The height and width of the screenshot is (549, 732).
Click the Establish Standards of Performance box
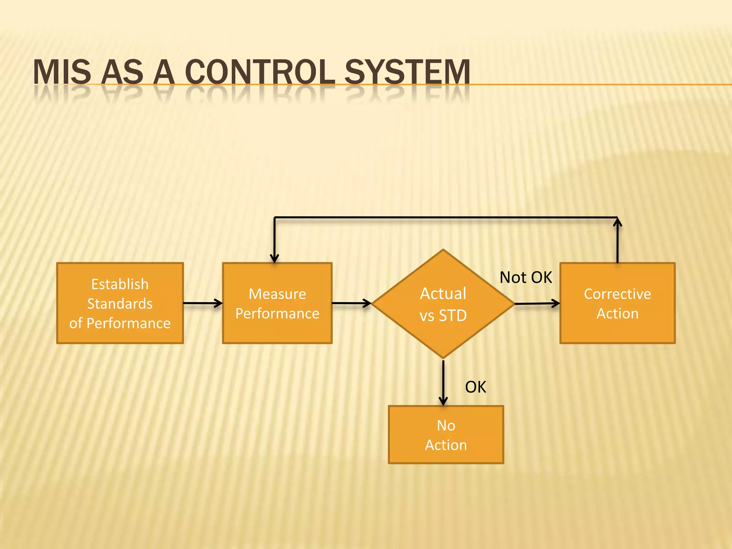pyautogui.click(x=120, y=303)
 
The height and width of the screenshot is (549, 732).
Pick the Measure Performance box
pyautogui.click(x=277, y=303)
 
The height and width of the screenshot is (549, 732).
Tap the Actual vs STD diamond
pyautogui.click(x=443, y=304)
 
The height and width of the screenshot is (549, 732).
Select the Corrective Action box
pyautogui.click(x=617, y=303)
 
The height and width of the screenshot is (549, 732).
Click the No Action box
pyautogui.click(x=446, y=435)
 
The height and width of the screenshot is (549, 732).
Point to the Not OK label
pyautogui.click(x=525, y=277)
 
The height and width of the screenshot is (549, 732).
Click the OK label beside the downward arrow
pyautogui.click(x=475, y=387)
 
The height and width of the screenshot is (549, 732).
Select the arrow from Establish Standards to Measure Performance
pyautogui.click(x=203, y=303)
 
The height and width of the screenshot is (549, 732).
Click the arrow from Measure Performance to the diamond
pyautogui.click(x=351, y=303)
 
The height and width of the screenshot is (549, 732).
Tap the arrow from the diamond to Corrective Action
pyautogui.click(x=537, y=303)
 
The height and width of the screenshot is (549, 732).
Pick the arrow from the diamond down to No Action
pyautogui.click(x=443, y=382)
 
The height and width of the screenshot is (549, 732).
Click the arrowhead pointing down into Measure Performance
pyautogui.click(x=274, y=258)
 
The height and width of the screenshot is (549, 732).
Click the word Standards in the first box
pyautogui.click(x=120, y=304)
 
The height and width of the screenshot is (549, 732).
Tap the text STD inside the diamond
pyautogui.click(x=453, y=316)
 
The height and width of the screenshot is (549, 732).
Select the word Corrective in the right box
pyautogui.click(x=617, y=294)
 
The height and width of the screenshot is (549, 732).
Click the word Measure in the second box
pyautogui.click(x=277, y=294)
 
